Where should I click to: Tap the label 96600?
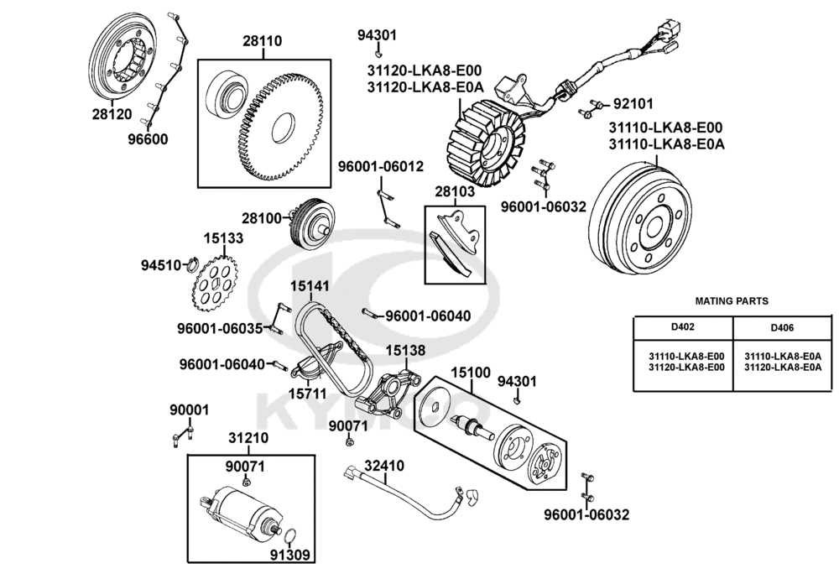point(148,138)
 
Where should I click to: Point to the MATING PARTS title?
point(732,300)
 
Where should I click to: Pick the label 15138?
point(405,350)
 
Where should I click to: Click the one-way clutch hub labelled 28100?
point(313,222)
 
